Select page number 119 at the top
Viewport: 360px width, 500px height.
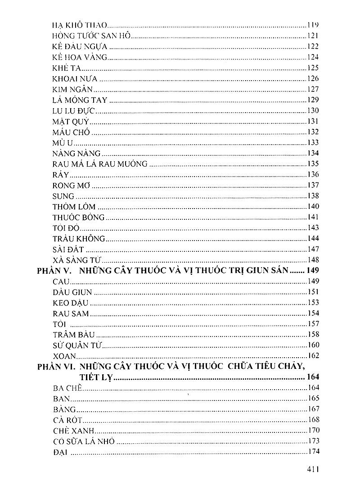tap(312, 25)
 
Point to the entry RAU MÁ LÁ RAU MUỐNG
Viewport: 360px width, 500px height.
tap(100, 164)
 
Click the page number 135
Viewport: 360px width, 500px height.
tap(312, 164)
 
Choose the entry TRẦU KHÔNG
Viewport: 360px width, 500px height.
tap(79, 238)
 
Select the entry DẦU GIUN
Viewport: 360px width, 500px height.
tap(72, 292)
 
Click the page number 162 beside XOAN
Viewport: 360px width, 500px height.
tap(312, 356)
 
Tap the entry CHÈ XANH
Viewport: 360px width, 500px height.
tap(74, 430)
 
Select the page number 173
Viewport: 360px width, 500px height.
tap(312, 441)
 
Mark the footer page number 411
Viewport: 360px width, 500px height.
tap(311, 470)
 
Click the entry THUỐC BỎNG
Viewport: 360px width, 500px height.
tap(79, 217)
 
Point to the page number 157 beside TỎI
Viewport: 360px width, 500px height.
tap(312, 324)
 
